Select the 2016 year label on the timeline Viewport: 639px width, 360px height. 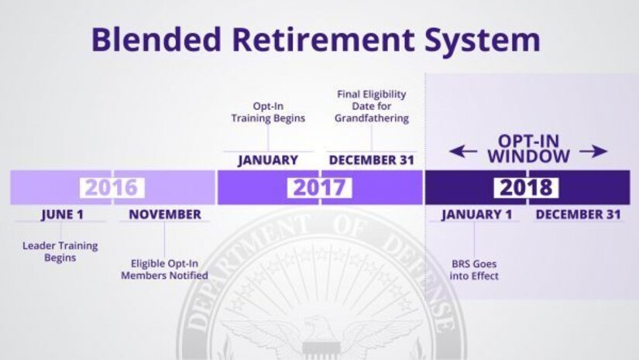111,187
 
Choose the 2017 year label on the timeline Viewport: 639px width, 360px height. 320,187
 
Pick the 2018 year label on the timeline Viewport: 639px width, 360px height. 526,187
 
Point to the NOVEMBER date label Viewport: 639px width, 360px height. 165,214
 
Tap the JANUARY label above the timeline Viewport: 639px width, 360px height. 268,160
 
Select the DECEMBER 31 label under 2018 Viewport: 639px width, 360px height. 578,214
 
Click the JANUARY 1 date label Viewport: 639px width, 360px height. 476,214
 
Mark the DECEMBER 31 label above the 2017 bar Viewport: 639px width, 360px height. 372,160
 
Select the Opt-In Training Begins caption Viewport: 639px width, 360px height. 268,112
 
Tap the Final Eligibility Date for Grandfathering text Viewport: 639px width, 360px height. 372,106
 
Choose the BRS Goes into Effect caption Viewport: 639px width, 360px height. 476,269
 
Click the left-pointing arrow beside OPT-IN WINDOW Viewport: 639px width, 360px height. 462,153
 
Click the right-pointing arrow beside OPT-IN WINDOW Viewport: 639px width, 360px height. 594,153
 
